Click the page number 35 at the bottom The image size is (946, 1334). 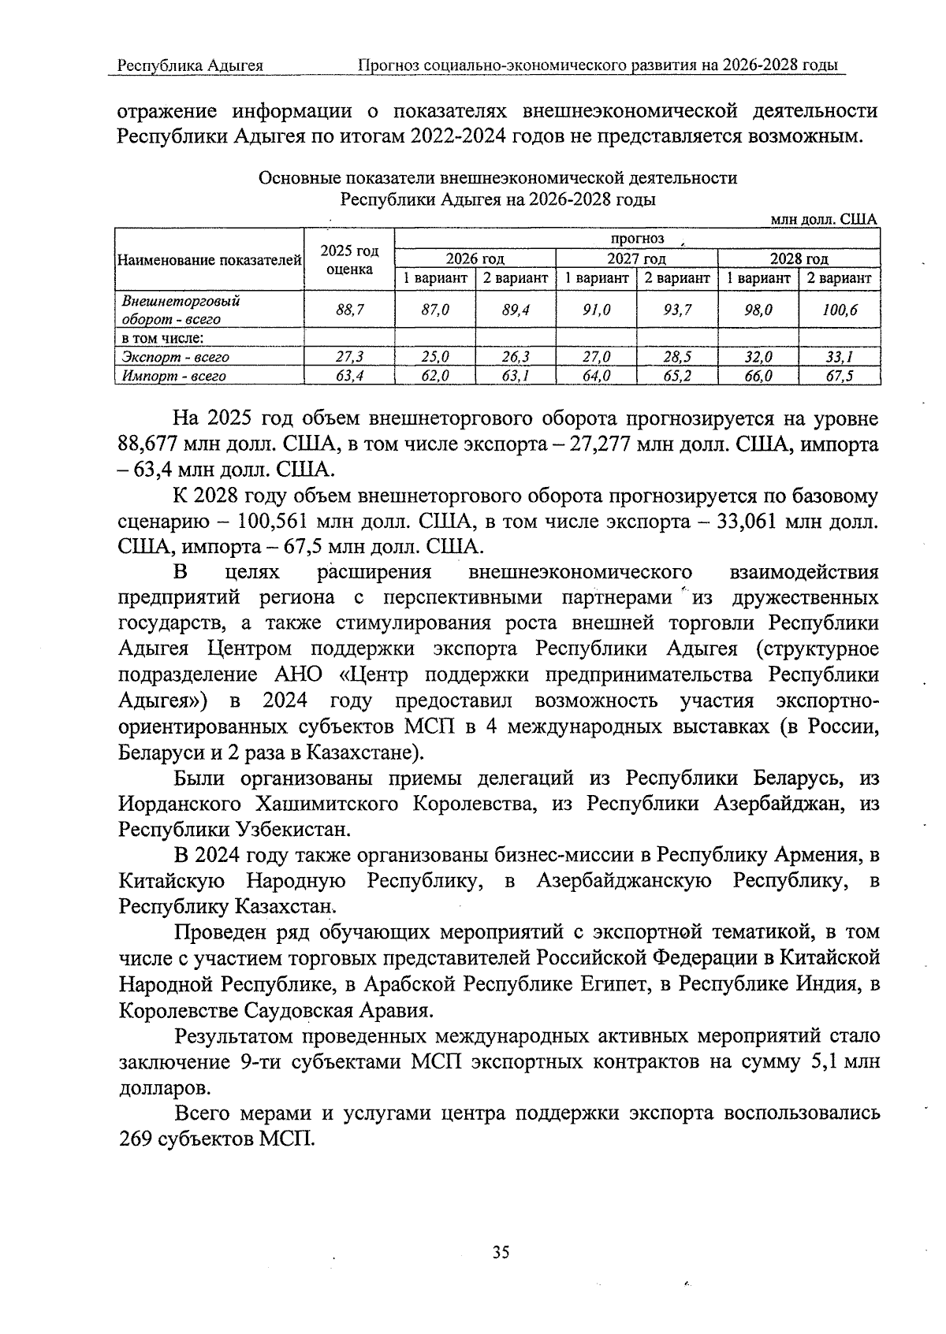[501, 1252]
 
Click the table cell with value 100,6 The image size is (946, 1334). [839, 310]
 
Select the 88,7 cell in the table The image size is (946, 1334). [349, 310]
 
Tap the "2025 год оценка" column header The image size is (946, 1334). [349, 259]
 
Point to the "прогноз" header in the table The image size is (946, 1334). [637, 239]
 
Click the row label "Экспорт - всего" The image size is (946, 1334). [176, 357]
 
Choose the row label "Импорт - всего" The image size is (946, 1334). [174, 376]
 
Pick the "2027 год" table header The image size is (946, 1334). [636, 258]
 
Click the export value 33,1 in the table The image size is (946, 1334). [839, 357]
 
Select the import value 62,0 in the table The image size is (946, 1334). [435, 376]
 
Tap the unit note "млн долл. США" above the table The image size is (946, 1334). [823, 219]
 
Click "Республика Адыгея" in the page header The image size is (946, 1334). [190, 65]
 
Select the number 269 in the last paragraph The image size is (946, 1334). [136, 1139]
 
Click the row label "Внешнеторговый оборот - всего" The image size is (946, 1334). [181, 310]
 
